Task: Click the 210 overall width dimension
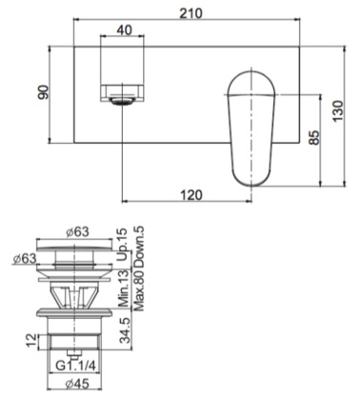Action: point(190,13)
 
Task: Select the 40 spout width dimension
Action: point(124,30)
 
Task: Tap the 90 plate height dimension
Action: point(45,92)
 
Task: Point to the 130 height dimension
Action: point(338,110)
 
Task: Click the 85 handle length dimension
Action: point(314,137)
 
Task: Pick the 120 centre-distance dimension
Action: point(190,194)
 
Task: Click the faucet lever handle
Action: point(251,129)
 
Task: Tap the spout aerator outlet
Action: point(122,102)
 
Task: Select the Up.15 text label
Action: point(122,245)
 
